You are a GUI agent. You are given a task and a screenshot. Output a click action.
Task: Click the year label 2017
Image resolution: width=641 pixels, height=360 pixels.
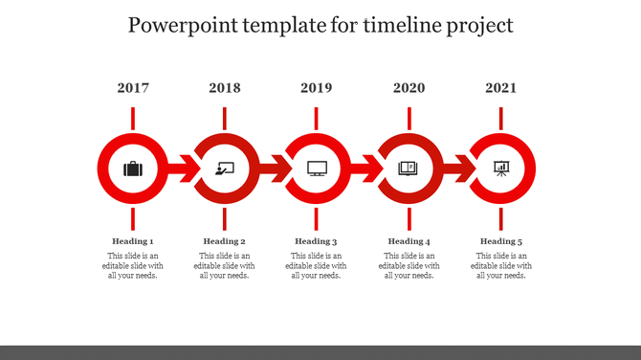[x=133, y=88]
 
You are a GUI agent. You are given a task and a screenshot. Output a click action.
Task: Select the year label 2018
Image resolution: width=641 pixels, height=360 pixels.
[x=225, y=88]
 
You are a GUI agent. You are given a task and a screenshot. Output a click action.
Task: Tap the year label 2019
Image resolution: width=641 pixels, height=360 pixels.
[x=317, y=88]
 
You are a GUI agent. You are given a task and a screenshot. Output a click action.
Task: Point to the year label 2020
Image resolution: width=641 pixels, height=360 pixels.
[x=409, y=88]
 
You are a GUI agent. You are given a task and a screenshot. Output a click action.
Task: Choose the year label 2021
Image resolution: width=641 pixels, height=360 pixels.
[x=501, y=88]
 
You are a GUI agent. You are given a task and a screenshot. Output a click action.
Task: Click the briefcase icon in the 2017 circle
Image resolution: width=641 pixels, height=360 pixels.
[x=133, y=169]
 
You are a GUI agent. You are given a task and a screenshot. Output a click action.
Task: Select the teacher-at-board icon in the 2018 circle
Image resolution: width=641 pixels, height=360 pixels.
[x=225, y=169]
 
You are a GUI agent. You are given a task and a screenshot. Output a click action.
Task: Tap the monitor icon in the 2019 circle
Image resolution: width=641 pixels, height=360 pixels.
[x=317, y=169]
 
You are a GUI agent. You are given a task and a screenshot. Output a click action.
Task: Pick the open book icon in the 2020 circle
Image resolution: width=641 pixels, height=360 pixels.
[x=409, y=169]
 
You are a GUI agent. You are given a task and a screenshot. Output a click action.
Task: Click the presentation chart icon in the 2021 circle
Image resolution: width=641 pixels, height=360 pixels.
[x=501, y=169]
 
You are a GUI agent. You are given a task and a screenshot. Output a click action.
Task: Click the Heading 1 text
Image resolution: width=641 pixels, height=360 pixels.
[x=133, y=241]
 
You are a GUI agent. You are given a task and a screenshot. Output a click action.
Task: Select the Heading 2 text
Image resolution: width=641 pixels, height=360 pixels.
[x=225, y=241]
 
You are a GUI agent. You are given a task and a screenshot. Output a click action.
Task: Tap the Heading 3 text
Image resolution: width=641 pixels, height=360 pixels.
[x=317, y=241]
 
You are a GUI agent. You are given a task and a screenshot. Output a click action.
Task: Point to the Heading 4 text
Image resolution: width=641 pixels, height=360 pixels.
[x=409, y=241]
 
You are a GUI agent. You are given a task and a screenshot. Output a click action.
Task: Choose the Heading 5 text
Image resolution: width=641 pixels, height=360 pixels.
[x=501, y=241]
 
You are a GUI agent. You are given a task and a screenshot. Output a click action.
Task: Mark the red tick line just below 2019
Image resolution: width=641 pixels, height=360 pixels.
[x=317, y=119]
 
